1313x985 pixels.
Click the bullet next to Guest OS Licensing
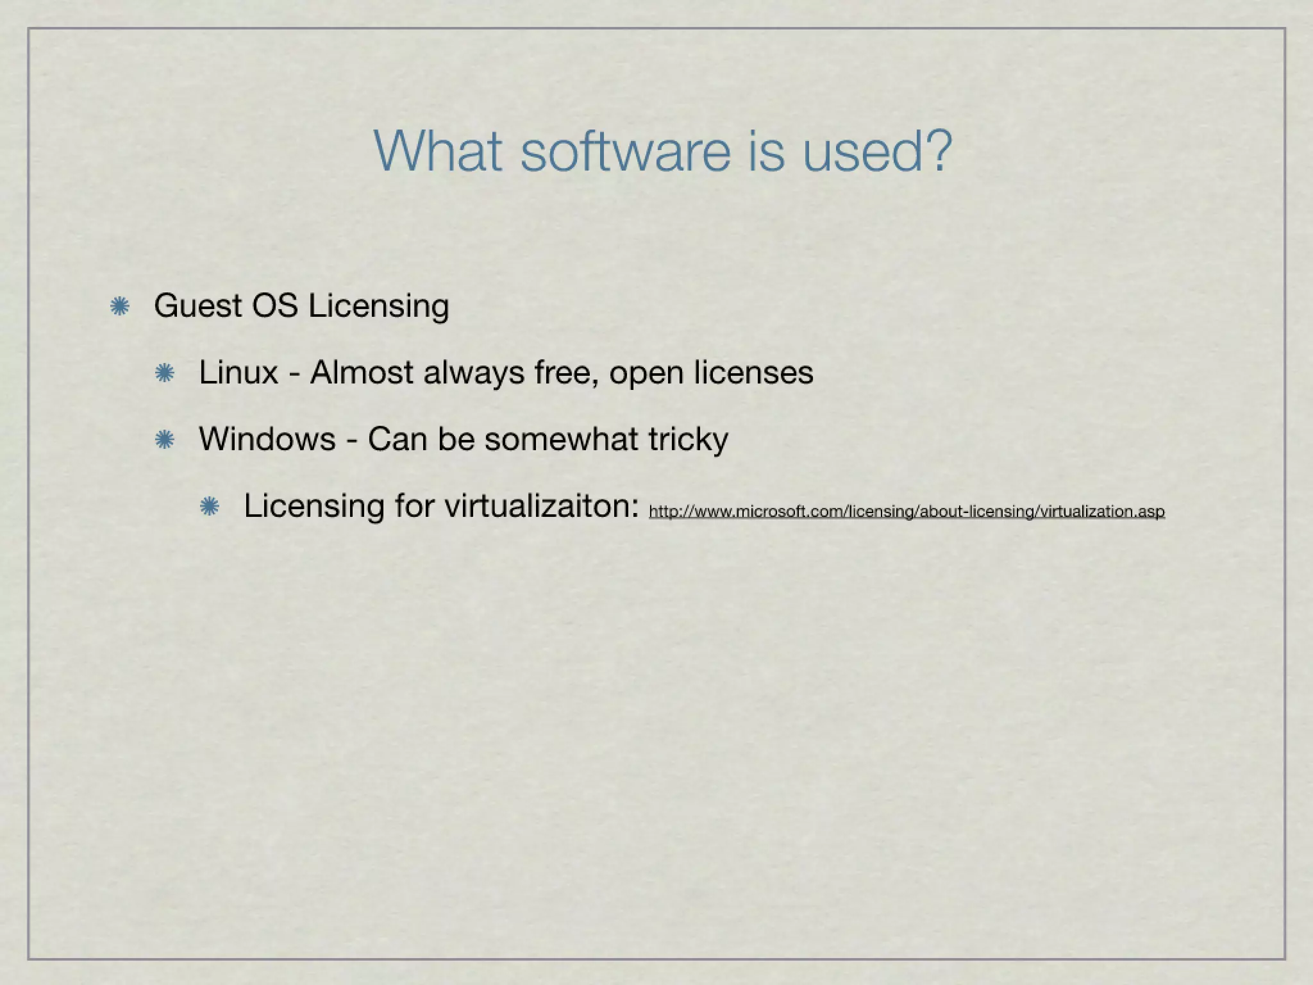120,307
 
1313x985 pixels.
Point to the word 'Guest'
197,306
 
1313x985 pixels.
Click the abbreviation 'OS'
274,306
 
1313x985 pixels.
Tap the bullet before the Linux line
165,373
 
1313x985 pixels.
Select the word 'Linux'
238,373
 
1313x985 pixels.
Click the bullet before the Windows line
165,440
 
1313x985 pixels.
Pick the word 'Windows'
267,439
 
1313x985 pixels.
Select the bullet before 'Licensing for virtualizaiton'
210,507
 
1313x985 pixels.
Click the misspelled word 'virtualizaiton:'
542,507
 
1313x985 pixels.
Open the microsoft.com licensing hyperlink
907,512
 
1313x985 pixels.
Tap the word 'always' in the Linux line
474,374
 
